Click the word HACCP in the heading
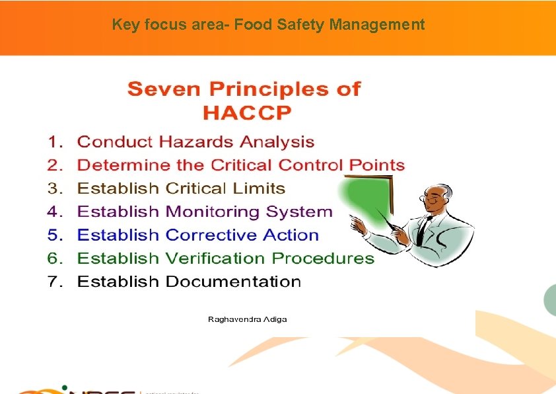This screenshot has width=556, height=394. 246,112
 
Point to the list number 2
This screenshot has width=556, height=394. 55,165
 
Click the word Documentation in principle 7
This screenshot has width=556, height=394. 233,282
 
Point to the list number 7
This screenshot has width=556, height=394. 55,282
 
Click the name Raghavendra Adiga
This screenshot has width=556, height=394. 248,319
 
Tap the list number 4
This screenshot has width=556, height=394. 55,212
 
